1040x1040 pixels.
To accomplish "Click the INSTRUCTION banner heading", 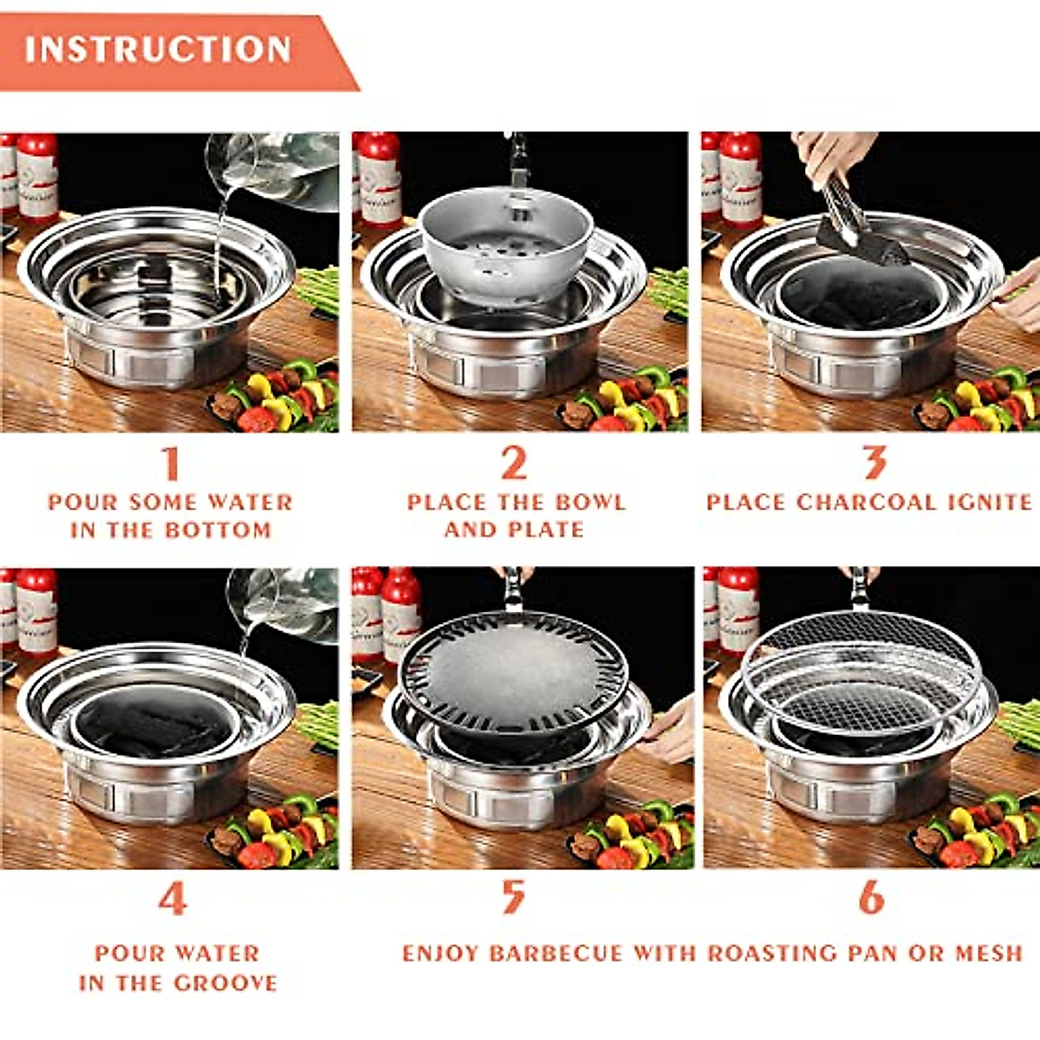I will (x=158, y=49).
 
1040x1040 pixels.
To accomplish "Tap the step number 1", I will (x=171, y=463).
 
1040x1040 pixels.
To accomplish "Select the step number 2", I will (x=514, y=463).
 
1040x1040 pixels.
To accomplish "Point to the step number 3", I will (x=874, y=463).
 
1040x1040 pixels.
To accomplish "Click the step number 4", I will (x=172, y=899).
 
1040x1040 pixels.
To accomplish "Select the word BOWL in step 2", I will (x=590, y=503).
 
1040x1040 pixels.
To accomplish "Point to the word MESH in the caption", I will (x=989, y=954).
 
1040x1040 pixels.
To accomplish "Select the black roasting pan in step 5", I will (x=513, y=672).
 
